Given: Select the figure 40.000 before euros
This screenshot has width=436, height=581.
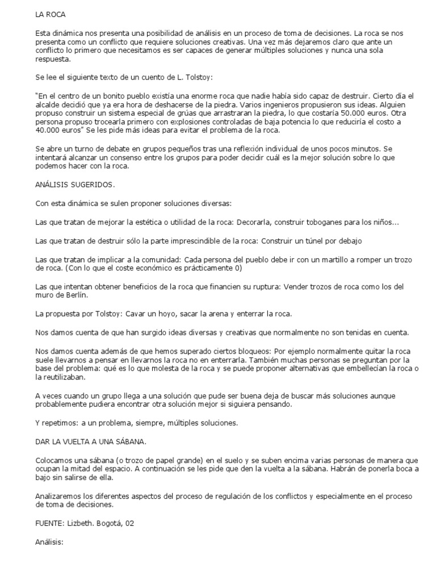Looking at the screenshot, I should click(x=49, y=130).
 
